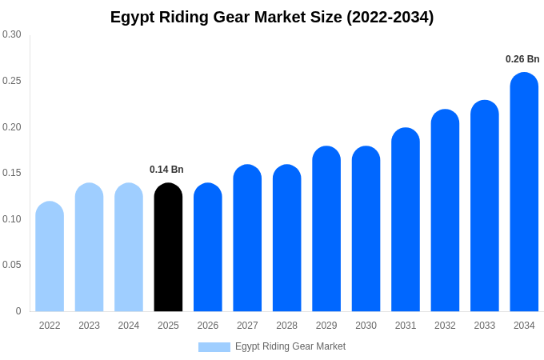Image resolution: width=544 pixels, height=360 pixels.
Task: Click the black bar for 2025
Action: [168, 248]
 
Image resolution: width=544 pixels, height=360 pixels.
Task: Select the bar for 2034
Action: [524, 192]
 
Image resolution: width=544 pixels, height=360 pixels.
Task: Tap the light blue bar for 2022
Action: [50, 257]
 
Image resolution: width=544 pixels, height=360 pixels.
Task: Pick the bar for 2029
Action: [326, 229]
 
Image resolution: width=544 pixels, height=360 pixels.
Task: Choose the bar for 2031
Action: [406, 220]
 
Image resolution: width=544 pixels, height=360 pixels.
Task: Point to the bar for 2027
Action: [247, 238]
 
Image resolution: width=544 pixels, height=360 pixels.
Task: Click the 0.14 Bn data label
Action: [166, 170]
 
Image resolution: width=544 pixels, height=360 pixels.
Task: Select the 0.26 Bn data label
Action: [522, 59]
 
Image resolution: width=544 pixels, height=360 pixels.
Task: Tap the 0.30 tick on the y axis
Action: [12, 34]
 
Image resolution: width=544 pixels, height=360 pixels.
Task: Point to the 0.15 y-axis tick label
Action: [12, 173]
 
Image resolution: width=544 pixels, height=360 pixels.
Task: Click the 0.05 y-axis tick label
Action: [12, 265]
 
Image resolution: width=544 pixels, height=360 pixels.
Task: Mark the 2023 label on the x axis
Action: [89, 326]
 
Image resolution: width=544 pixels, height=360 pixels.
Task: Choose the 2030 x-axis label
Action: [366, 326]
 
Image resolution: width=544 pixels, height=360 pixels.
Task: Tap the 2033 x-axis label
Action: [484, 326]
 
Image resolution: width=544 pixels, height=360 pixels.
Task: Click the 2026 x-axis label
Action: [208, 326]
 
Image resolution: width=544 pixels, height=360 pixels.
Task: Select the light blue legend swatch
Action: [214, 347]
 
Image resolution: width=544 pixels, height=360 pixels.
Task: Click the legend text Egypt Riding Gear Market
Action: [290, 346]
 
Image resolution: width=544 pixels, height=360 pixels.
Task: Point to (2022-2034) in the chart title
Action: [390, 17]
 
